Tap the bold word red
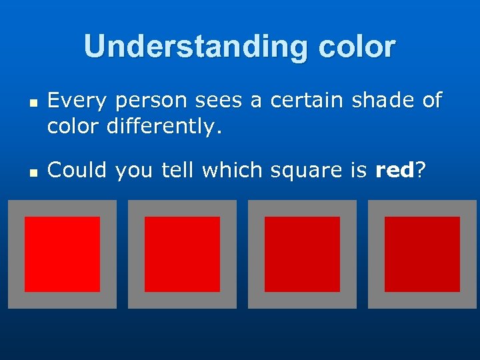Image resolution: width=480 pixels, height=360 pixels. (395, 171)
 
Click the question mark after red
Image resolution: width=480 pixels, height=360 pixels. (421, 171)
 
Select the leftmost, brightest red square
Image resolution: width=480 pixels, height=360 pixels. (62, 254)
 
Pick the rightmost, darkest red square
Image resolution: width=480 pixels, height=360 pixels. (422, 254)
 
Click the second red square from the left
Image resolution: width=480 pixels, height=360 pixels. (182, 254)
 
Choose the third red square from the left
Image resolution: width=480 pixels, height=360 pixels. (302, 254)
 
